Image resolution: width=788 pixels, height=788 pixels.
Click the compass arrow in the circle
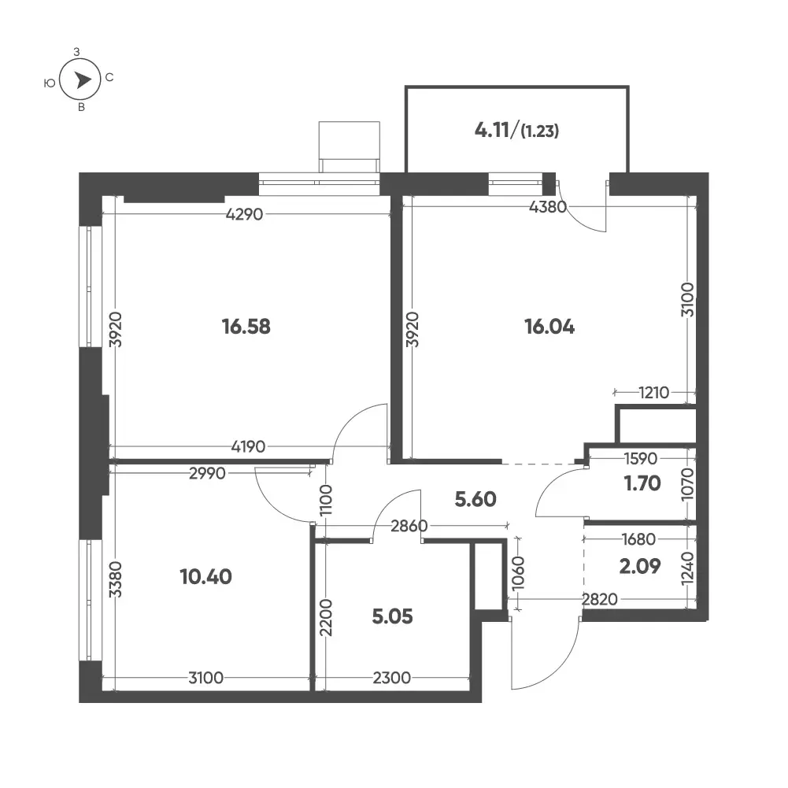(83, 80)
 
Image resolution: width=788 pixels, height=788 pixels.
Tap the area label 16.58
(246, 327)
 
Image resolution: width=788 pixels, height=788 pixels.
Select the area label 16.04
(549, 327)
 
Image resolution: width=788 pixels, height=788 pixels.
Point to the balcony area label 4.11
(492, 130)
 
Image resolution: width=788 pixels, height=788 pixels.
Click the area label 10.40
(206, 577)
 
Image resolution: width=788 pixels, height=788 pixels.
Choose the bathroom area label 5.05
(393, 616)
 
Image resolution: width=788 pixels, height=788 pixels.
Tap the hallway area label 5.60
(475, 499)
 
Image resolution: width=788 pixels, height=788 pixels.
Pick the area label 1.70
(642, 483)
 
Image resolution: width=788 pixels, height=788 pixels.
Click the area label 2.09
(640, 566)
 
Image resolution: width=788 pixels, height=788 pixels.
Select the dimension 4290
(244, 215)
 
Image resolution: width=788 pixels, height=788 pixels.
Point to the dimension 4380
(548, 206)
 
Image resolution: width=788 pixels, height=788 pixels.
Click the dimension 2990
(207, 473)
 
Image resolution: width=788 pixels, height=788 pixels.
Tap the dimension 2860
(409, 526)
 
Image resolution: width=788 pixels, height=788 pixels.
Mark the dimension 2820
(600, 599)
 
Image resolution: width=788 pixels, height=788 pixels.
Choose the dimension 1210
(654, 392)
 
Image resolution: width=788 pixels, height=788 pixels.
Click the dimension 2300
(391, 678)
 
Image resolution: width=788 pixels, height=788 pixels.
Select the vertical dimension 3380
(116, 579)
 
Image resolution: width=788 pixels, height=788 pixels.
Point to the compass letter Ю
(50, 83)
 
